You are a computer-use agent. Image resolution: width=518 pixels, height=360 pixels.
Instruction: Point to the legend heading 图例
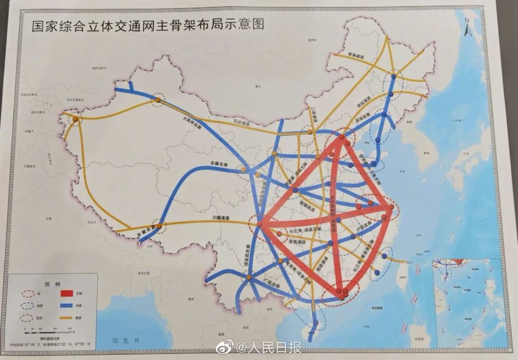tap(54, 284)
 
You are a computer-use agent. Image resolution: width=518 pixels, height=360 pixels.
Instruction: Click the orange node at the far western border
tap(75, 120)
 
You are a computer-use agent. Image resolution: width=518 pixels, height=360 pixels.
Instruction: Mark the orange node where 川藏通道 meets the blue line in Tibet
tap(160, 226)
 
